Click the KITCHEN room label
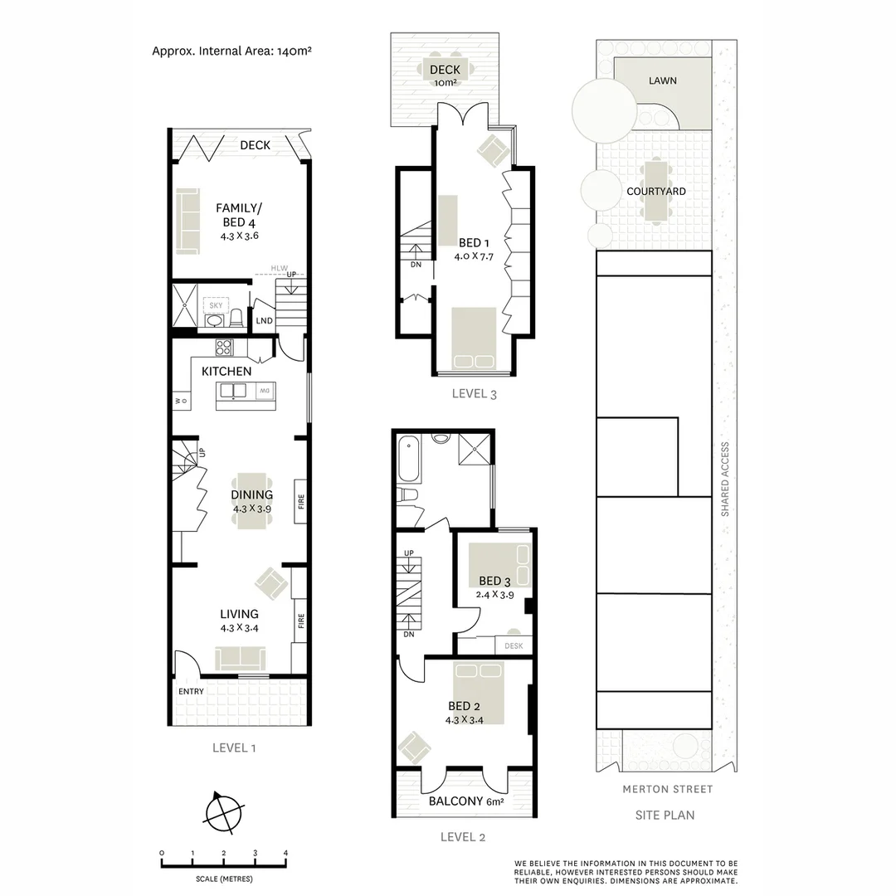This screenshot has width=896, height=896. pos(226,371)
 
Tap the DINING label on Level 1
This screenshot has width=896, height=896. pos(251,494)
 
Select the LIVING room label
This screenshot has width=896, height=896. pos(239,614)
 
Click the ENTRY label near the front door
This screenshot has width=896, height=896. pos(191,691)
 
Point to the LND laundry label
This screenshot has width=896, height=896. pos(265,321)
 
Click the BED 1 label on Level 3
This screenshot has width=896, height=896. pos(474,242)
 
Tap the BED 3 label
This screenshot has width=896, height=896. pos(494,581)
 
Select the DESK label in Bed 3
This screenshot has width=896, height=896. pos(513,645)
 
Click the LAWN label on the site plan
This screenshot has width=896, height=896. pos(662,80)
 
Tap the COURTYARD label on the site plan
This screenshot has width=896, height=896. pos(655,192)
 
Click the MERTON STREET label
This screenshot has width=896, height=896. pos(667,789)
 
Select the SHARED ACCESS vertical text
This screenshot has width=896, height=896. pos(724,479)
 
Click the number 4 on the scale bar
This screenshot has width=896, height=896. pos(285,853)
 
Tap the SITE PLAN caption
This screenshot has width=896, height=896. pos(665,815)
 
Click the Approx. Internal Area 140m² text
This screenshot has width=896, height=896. pos(231,50)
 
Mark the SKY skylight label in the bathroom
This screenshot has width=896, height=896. pos(216,306)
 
